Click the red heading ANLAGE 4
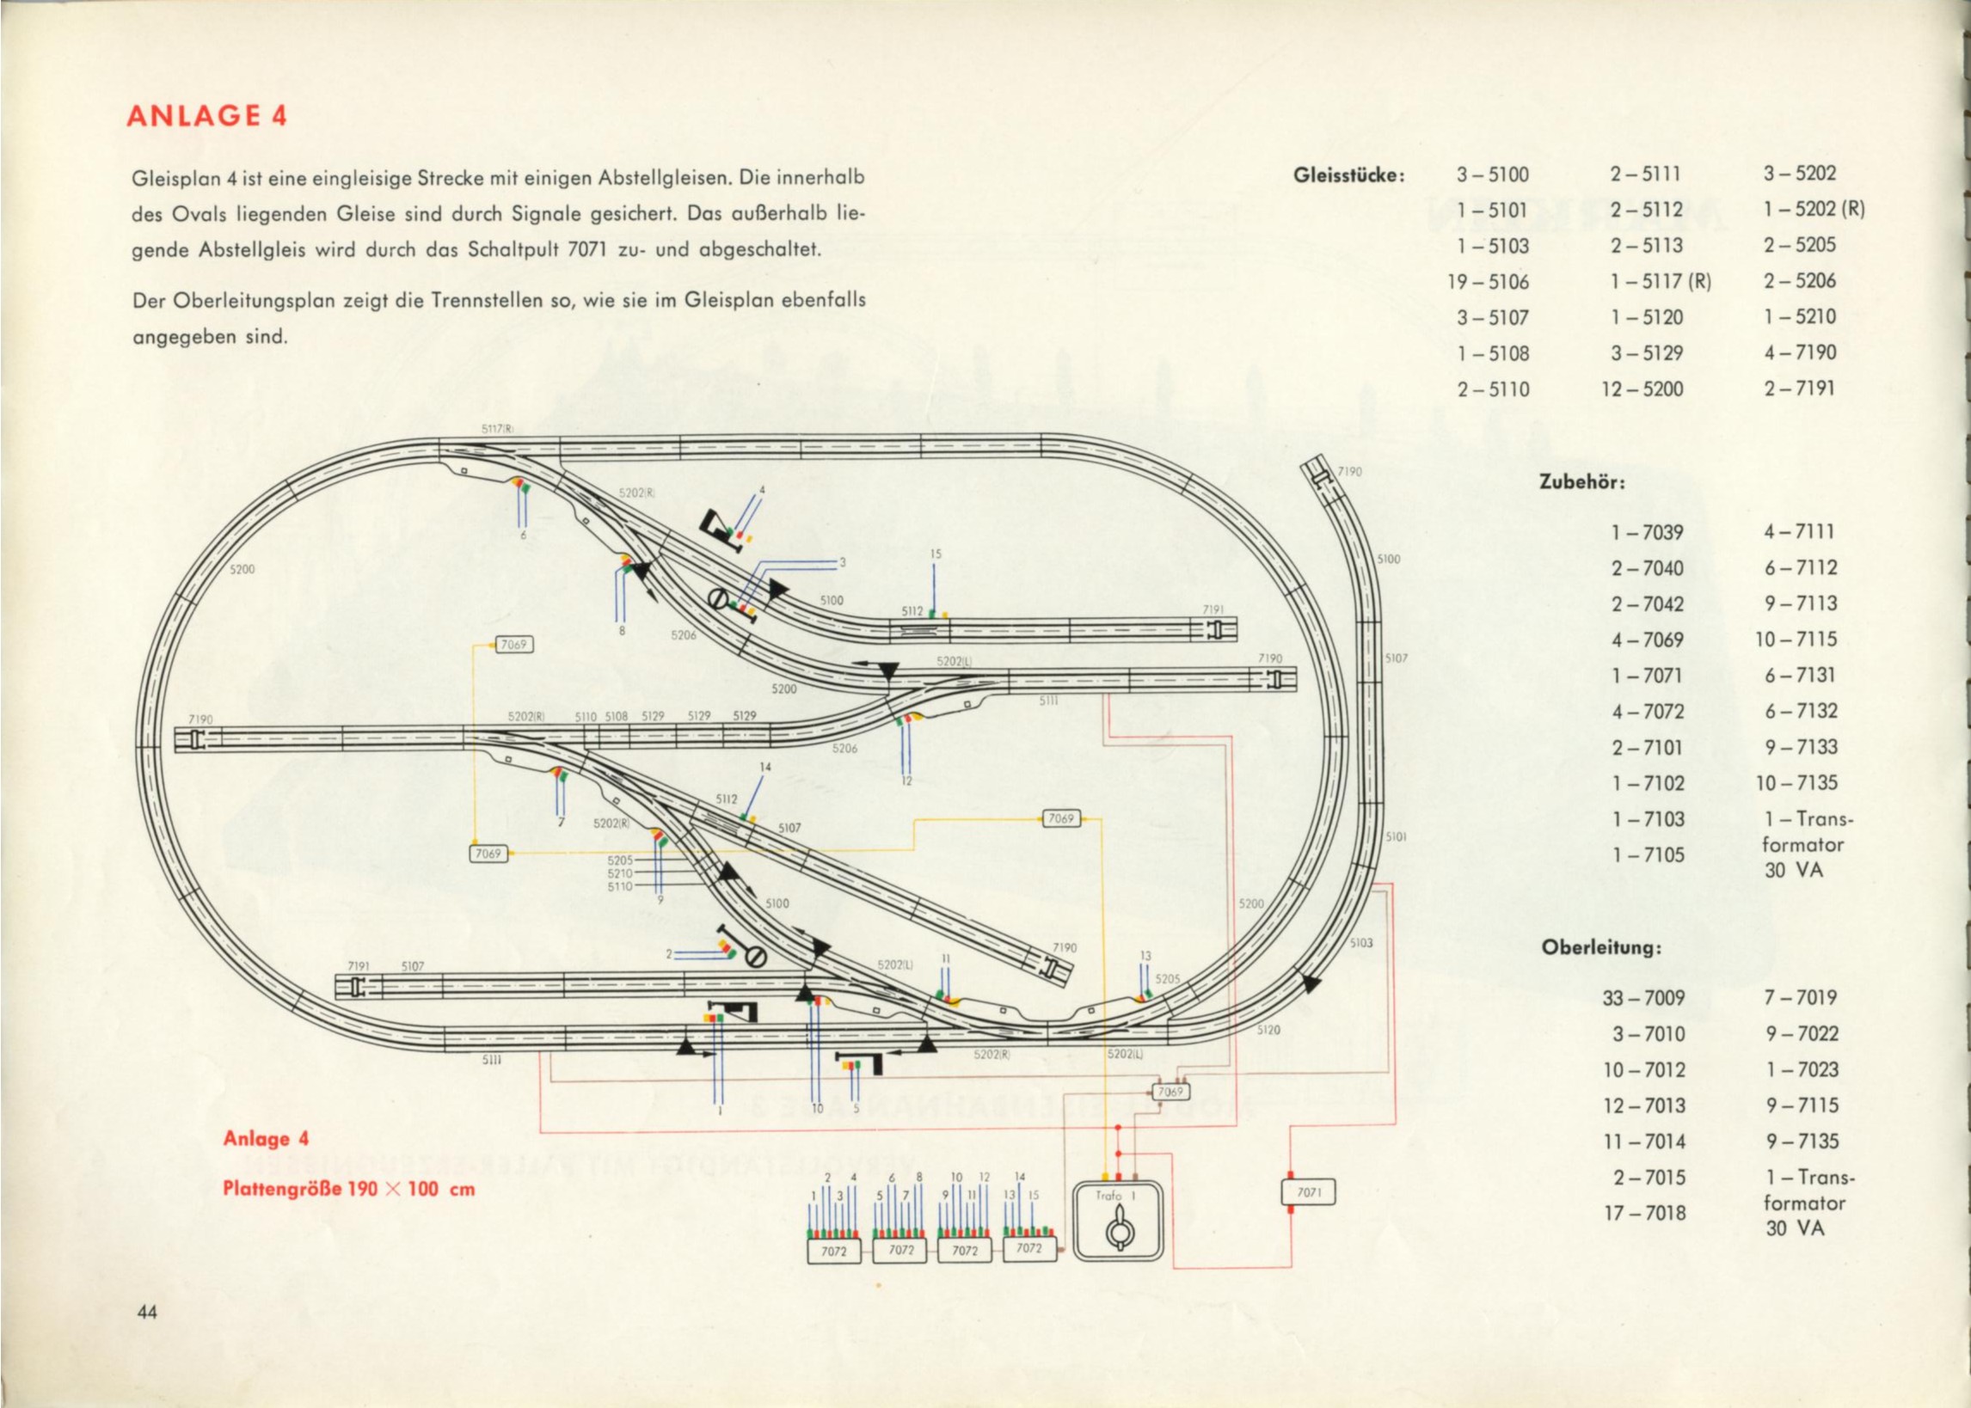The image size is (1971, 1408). [206, 116]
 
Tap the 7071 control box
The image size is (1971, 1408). [1309, 1193]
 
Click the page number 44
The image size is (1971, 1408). [146, 1312]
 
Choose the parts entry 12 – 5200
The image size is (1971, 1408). [1642, 389]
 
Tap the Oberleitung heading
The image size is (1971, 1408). [1600, 947]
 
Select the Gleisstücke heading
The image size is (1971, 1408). [1348, 174]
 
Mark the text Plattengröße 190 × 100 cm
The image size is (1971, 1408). [348, 1189]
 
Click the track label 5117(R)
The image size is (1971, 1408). [499, 428]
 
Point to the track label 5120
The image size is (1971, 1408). [1268, 1030]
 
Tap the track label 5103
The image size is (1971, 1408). [1360, 942]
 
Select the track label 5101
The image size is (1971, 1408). [1396, 837]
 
